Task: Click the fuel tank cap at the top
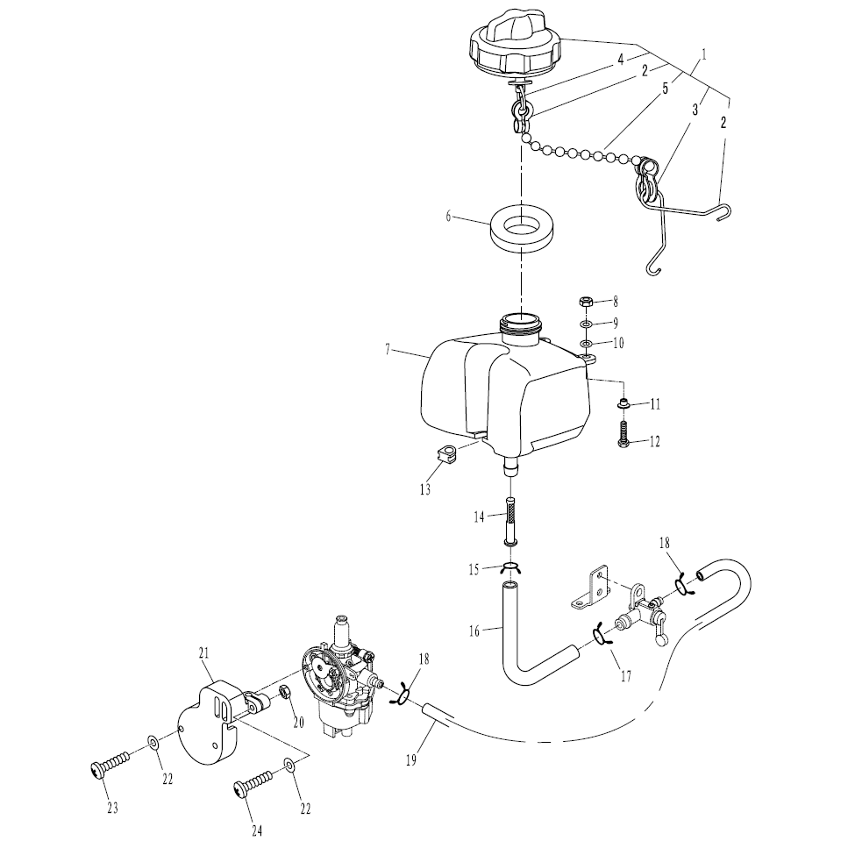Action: pos(516,46)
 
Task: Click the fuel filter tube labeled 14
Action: pos(510,522)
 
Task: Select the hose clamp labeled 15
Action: pos(510,568)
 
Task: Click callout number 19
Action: pos(411,759)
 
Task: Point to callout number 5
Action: pos(666,89)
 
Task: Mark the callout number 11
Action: pos(655,404)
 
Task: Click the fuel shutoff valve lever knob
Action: pos(661,640)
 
